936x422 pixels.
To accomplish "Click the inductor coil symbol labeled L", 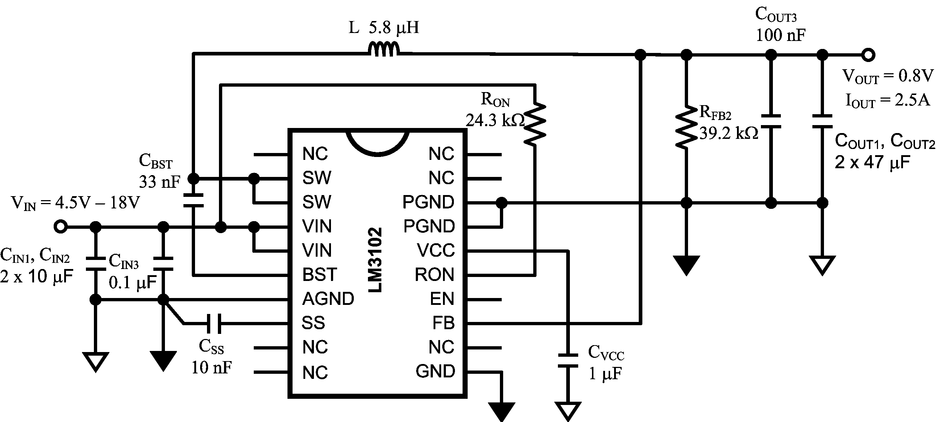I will [x=384, y=50].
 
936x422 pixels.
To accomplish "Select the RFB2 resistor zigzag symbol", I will [x=686, y=127].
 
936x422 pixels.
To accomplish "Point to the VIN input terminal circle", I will [x=60, y=227].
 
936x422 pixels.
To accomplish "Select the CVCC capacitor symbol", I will [x=568, y=360].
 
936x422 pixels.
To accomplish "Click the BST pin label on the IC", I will [x=319, y=275].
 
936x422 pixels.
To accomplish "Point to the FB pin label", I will [x=443, y=323].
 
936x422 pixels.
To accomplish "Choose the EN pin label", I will [x=442, y=299].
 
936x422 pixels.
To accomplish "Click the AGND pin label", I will [x=328, y=299].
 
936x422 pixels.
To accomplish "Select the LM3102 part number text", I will [x=375, y=260].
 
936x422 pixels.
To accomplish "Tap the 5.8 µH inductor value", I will [x=394, y=28].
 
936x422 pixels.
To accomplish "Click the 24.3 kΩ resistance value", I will [x=495, y=120].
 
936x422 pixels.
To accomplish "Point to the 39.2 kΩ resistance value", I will [x=729, y=133].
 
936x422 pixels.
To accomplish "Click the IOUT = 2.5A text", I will [x=887, y=100].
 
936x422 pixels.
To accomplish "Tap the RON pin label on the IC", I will [x=434, y=275].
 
